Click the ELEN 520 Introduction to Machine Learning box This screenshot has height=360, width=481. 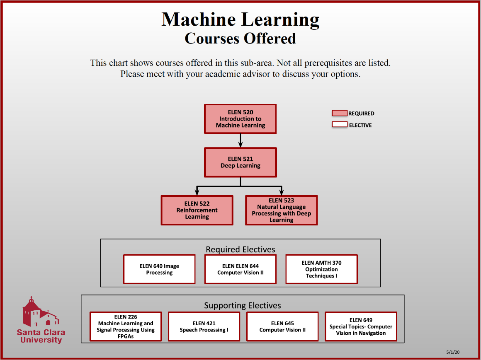(240, 119)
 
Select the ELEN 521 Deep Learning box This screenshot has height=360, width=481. (240, 162)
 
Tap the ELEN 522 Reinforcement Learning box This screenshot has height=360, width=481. (197, 210)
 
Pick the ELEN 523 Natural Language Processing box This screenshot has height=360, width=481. (282, 210)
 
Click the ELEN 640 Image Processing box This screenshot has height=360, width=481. (160, 269)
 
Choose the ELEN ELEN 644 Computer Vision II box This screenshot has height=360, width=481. (240, 269)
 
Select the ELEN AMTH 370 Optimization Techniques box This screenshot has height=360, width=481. (322, 269)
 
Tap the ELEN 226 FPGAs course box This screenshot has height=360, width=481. (126, 326)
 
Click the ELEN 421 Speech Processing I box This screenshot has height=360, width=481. (204, 326)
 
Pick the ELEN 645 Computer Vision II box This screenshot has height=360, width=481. (282, 326)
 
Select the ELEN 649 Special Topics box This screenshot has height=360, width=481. (361, 326)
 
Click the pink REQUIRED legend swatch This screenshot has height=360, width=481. (340, 113)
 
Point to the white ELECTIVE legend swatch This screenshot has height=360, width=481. (340, 125)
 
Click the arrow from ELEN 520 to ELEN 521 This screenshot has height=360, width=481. (240, 141)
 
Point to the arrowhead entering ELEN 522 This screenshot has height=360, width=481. (197, 192)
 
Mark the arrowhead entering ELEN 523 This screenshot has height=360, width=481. (282, 192)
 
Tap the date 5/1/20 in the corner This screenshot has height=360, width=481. (453, 352)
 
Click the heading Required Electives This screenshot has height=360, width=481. (240, 249)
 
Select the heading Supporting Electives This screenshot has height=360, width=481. (243, 306)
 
